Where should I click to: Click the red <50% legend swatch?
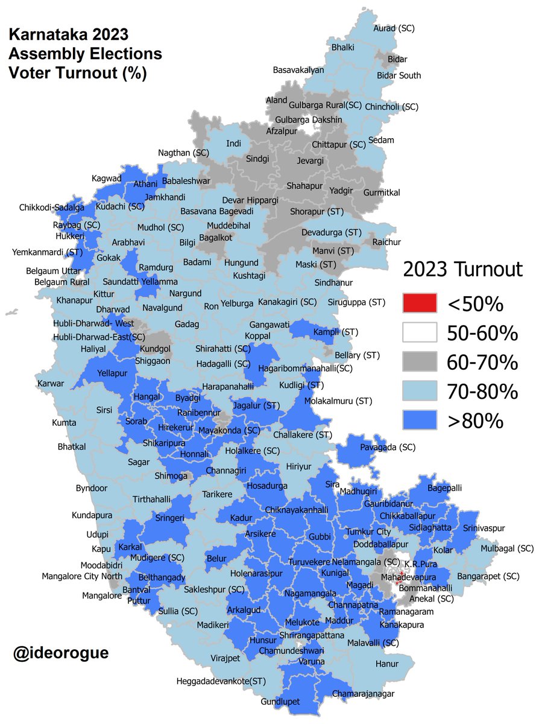click(x=420, y=303)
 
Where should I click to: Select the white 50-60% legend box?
click(x=420, y=332)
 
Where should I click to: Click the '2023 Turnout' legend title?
click(x=462, y=269)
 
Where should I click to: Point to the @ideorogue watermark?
click(x=61, y=653)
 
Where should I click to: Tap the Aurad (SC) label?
click(x=394, y=28)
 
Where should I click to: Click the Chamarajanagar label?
click(x=361, y=693)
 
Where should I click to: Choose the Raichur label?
click(x=386, y=242)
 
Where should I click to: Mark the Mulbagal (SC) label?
click(x=507, y=548)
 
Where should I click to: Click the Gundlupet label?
click(x=280, y=702)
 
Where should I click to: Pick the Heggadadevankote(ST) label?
click(x=221, y=681)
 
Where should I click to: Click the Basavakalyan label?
click(x=298, y=70)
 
